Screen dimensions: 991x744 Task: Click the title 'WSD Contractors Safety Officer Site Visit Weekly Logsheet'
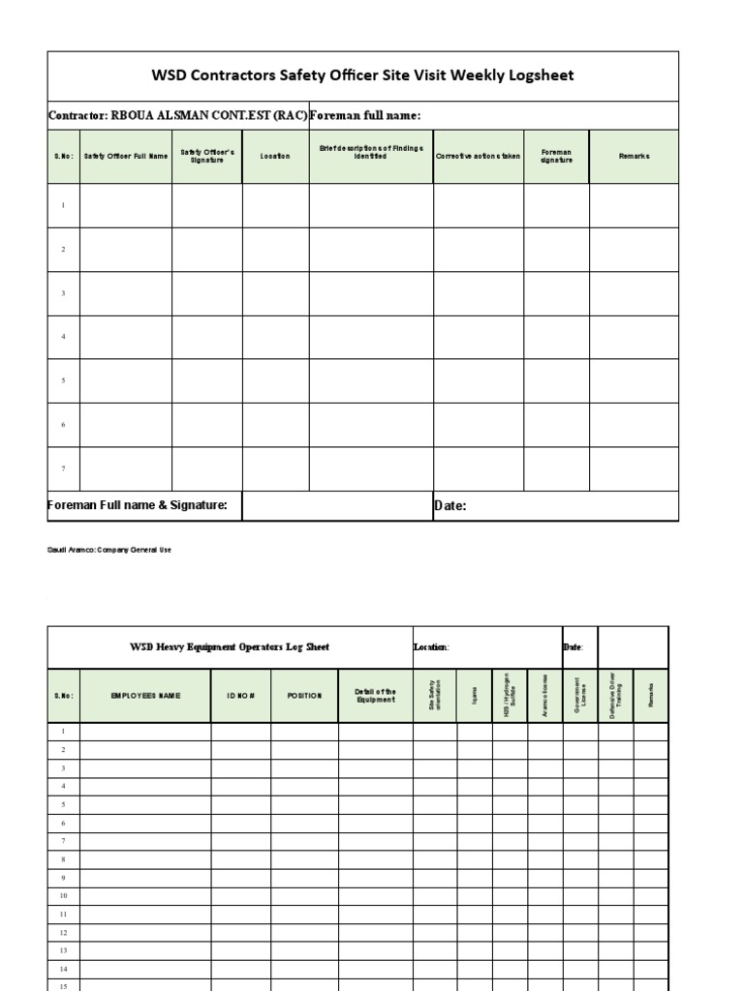coord(363,75)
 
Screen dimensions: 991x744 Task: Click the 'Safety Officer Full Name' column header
coord(126,156)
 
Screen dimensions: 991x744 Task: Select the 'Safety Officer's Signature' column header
coord(207,156)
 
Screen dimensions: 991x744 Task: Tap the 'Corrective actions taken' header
coord(478,156)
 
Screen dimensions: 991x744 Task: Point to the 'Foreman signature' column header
coord(556,156)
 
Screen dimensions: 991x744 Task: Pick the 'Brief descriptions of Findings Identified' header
coord(371,152)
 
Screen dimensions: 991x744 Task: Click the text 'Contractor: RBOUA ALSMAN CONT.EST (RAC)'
coord(178,116)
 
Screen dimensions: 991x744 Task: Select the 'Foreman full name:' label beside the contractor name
coord(364,116)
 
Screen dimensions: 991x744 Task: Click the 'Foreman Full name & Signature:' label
coord(138,505)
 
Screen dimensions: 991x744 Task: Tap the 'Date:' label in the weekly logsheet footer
coord(450,506)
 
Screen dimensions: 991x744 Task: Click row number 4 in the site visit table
coord(63,337)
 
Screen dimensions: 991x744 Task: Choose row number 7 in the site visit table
coord(63,468)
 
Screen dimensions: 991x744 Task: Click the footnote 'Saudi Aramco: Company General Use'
coord(109,549)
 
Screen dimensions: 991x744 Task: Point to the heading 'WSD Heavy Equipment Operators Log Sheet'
coord(230,646)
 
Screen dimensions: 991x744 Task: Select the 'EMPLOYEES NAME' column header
coord(145,696)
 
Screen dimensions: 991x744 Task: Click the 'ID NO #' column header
coord(240,696)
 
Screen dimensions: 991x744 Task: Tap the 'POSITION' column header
coord(304,696)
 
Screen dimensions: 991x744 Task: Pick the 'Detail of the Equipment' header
coord(375,696)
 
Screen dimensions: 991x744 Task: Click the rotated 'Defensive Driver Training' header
coord(616,695)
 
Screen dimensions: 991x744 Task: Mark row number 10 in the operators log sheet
coord(63,896)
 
